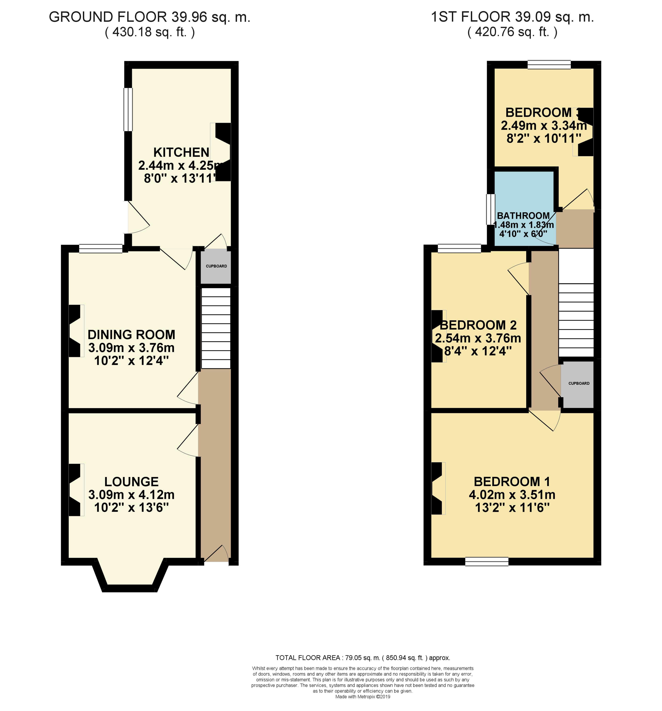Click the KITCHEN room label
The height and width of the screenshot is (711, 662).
click(181, 152)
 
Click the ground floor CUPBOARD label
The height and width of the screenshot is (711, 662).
click(216, 266)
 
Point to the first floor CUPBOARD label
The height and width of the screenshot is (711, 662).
click(579, 383)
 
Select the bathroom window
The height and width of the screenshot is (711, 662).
click(490, 209)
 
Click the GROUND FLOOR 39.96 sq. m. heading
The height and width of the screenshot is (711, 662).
click(149, 17)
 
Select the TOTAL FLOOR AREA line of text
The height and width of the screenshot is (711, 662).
click(362, 657)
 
